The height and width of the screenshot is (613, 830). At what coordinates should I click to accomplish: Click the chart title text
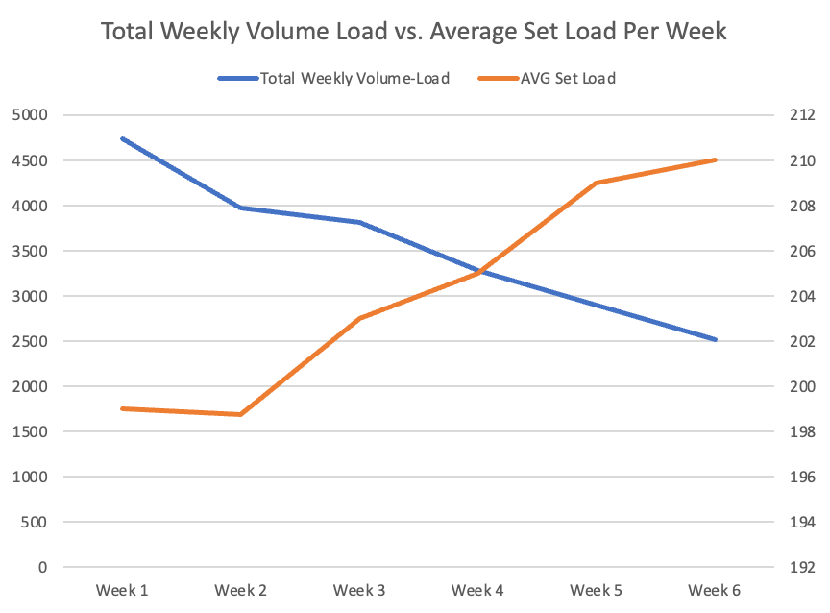[x=414, y=32]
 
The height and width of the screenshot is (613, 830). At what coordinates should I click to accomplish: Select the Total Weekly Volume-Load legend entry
[x=354, y=78]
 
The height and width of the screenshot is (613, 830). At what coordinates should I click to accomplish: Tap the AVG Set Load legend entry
[x=567, y=78]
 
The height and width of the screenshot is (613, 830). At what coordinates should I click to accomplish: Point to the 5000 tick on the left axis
[x=35, y=115]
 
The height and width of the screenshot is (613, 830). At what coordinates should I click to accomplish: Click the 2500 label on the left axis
[x=35, y=341]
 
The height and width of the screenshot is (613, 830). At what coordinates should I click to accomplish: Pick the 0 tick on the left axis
[x=41, y=567]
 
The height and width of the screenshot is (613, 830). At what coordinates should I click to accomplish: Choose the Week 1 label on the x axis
[x=122, y=590]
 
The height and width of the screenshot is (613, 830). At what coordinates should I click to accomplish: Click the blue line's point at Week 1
[x=122, y=138]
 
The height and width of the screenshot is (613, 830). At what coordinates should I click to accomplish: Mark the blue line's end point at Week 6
[x=716, y=339]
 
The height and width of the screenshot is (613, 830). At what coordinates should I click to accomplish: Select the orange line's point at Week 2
[x=240, y=414]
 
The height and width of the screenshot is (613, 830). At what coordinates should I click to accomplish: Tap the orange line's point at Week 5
[x=597, y=183]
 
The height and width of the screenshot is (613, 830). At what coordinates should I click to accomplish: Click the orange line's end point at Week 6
[x=716, y=159]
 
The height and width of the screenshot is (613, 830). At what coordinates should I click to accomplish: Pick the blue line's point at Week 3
[x=359, y=222]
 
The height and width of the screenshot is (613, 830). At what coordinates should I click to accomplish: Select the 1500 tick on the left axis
[x=35, y=431]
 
